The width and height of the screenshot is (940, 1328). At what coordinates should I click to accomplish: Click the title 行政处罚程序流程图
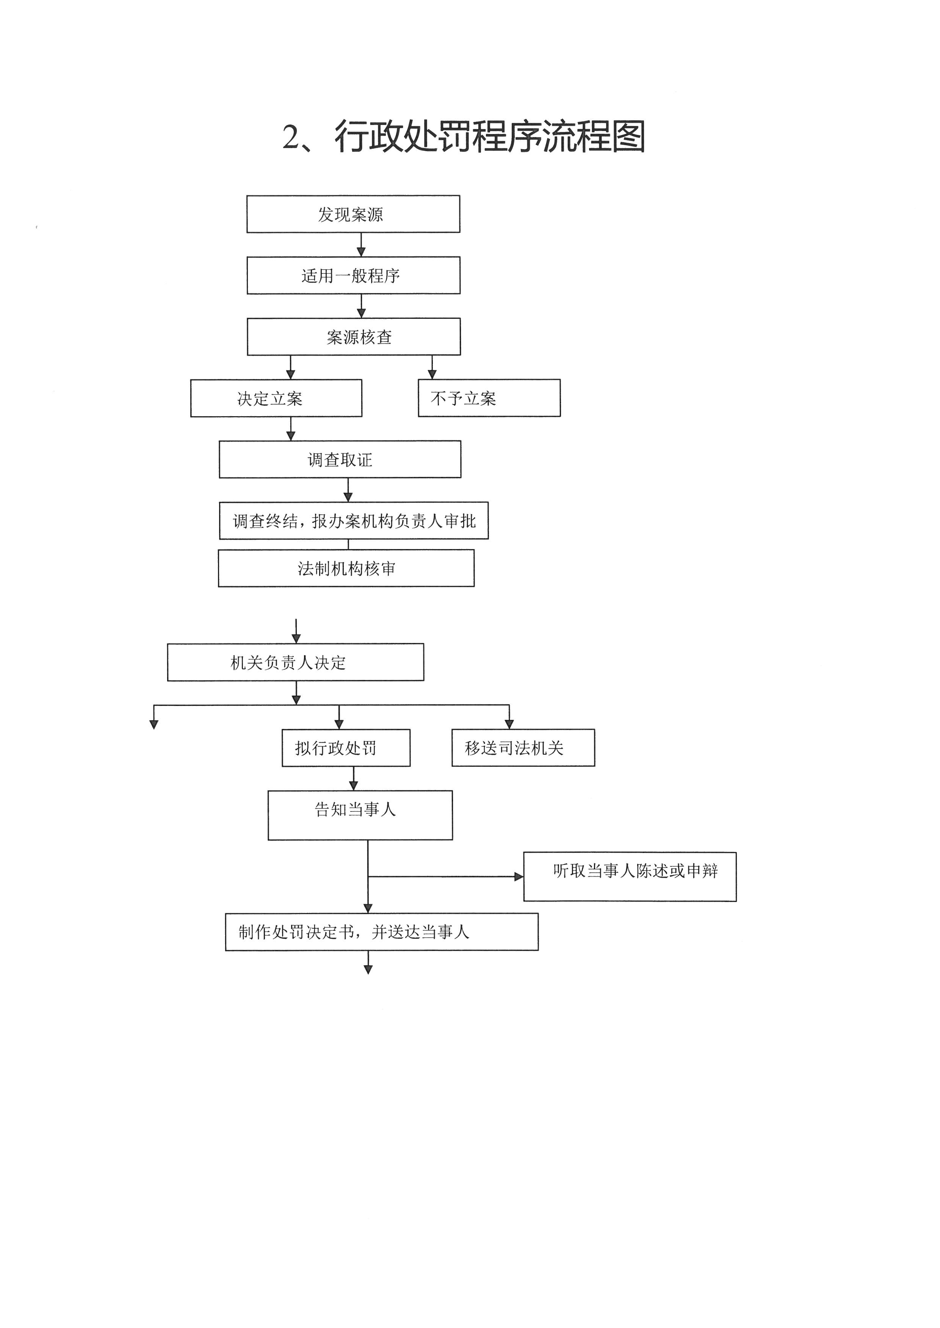[490, 137]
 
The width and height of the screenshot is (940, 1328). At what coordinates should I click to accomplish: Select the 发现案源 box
[353, 214]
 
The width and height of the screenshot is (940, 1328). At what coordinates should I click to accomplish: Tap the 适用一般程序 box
[353, 275]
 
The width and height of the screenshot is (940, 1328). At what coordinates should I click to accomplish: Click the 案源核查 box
[354, 337]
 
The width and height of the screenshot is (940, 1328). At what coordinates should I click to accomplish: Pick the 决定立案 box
[276, 398]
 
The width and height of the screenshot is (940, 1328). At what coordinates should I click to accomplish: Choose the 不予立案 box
[489, 398]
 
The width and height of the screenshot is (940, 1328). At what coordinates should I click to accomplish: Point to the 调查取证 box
[340, 459]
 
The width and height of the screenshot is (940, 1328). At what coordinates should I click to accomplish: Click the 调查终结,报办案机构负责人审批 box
[354, 521]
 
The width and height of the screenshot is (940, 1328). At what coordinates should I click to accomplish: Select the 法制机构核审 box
[346, 568]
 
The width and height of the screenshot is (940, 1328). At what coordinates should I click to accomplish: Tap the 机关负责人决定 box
[295, 662]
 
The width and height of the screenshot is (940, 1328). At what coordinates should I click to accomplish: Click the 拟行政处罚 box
[346, 748]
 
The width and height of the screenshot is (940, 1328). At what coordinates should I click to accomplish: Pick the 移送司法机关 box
[523, 748]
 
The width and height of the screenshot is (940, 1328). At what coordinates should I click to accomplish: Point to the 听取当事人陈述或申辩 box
[630, 877]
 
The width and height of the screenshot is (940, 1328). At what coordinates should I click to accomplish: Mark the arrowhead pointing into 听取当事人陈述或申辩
[519, 877]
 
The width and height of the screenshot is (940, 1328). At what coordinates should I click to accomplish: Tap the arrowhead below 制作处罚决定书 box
[368, 970]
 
